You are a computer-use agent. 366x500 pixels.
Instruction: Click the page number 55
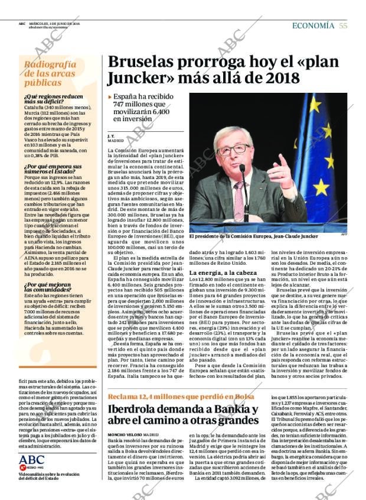[343, 25]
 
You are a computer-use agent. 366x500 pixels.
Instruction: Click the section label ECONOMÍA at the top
[314, 25]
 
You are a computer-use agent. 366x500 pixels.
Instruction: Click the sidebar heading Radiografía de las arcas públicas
[50, 74]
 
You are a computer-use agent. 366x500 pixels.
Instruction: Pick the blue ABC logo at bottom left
[31, 460]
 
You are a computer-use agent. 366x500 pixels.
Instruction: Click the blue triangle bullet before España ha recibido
[110, 96]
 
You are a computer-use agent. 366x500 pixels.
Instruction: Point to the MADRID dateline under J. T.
[116, 142]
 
